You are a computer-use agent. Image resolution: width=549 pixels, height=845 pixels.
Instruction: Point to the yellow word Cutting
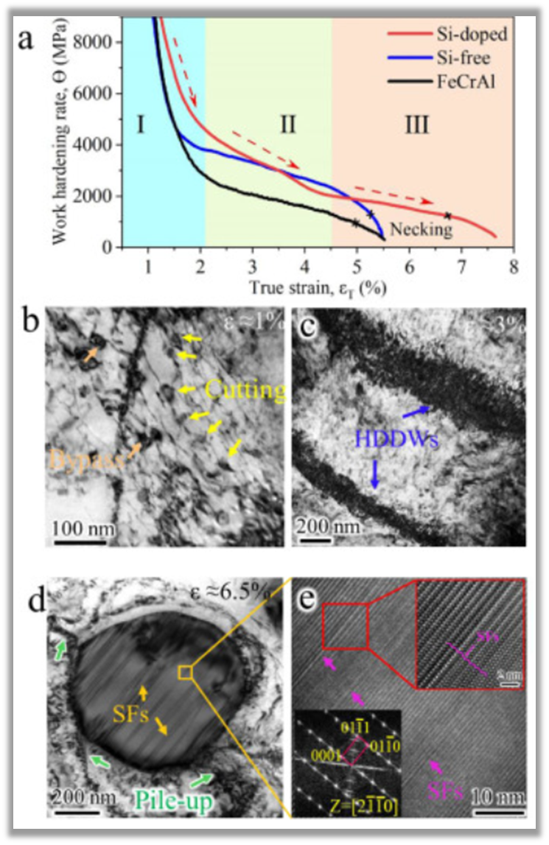pyautogui.click(x=245, y=390)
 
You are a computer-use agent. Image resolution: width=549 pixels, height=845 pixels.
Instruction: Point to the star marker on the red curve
pyautogui.click(x=447, y=216)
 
